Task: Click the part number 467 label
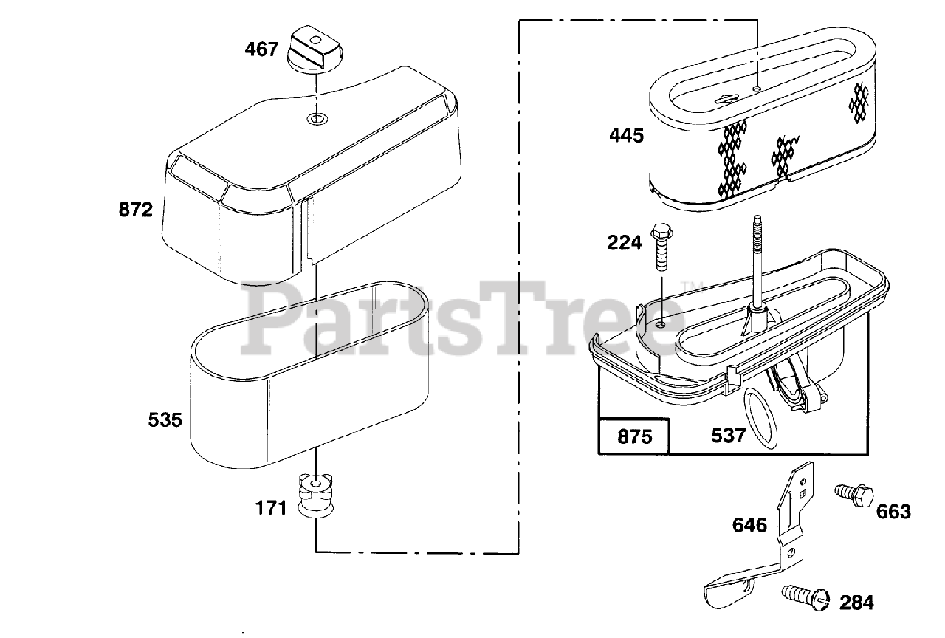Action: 262,49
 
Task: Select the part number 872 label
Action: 136,210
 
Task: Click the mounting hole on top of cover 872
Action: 316,119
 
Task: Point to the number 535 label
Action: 165,420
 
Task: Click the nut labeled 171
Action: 315,495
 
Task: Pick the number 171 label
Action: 272,509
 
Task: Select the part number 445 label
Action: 627,135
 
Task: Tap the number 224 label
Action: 625,241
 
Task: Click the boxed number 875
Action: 634,436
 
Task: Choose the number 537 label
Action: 728,436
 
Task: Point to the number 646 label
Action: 749,525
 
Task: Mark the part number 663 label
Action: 894,512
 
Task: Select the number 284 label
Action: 856,603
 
